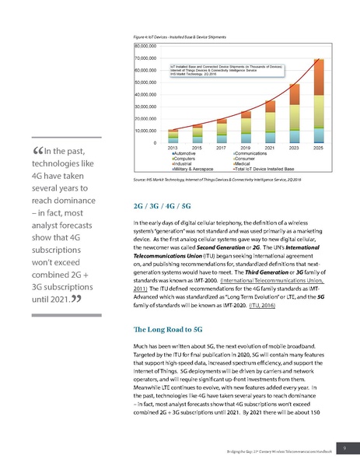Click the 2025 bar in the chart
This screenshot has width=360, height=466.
tap(318, 101)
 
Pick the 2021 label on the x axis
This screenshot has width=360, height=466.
tap(270, 147)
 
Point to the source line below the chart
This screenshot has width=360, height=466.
tap(218, 180)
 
